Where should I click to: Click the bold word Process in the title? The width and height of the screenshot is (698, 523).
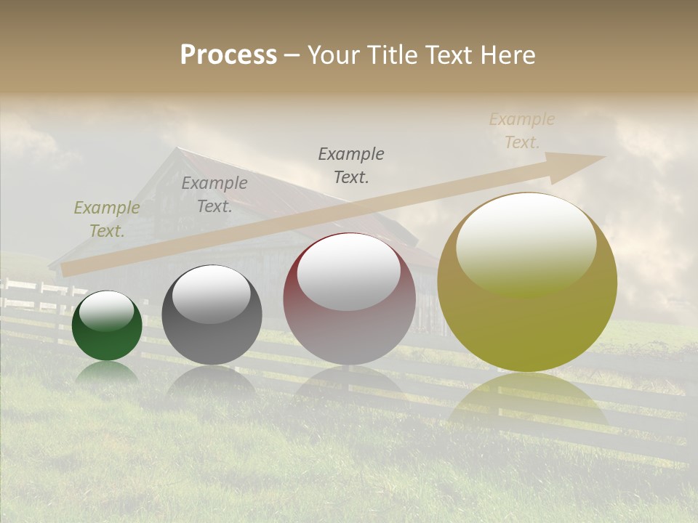point(228,55)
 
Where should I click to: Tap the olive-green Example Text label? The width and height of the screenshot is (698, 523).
point(107,219)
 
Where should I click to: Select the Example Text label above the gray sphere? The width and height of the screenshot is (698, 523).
point(214,194)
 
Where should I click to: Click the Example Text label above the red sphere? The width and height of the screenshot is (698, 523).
point(351,165)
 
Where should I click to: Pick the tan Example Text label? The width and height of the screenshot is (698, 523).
point(522,131)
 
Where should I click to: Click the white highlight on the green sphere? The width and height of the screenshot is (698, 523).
point(107,311)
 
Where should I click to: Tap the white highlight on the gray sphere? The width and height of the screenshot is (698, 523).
point(212,293)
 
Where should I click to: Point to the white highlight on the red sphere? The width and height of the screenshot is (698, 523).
point(349,271)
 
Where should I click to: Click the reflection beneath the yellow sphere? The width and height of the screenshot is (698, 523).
point(527,400)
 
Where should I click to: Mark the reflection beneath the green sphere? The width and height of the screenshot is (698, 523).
point(107,372)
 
